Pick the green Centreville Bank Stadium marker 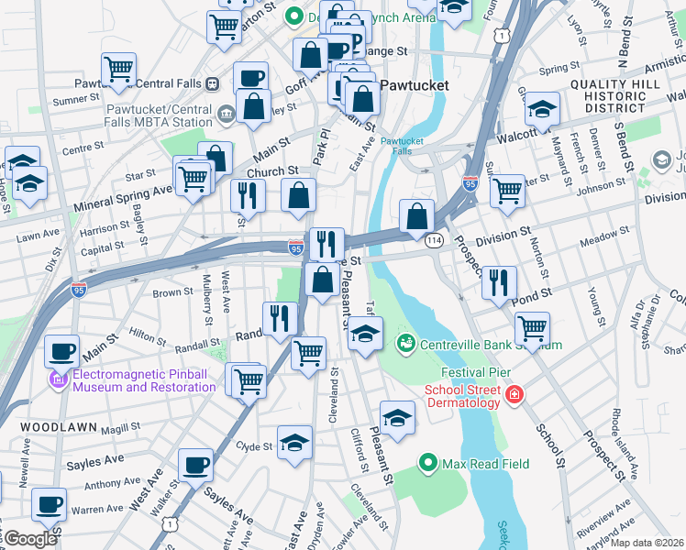(x=404, y=344)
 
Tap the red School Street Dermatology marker (x=515, y=394)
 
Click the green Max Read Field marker (x=426, y=463)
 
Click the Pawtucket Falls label (x=401, y=147)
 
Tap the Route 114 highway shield (x=434, y=239)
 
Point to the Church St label (x=271, y=170)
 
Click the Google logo (x=30, y=539)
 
